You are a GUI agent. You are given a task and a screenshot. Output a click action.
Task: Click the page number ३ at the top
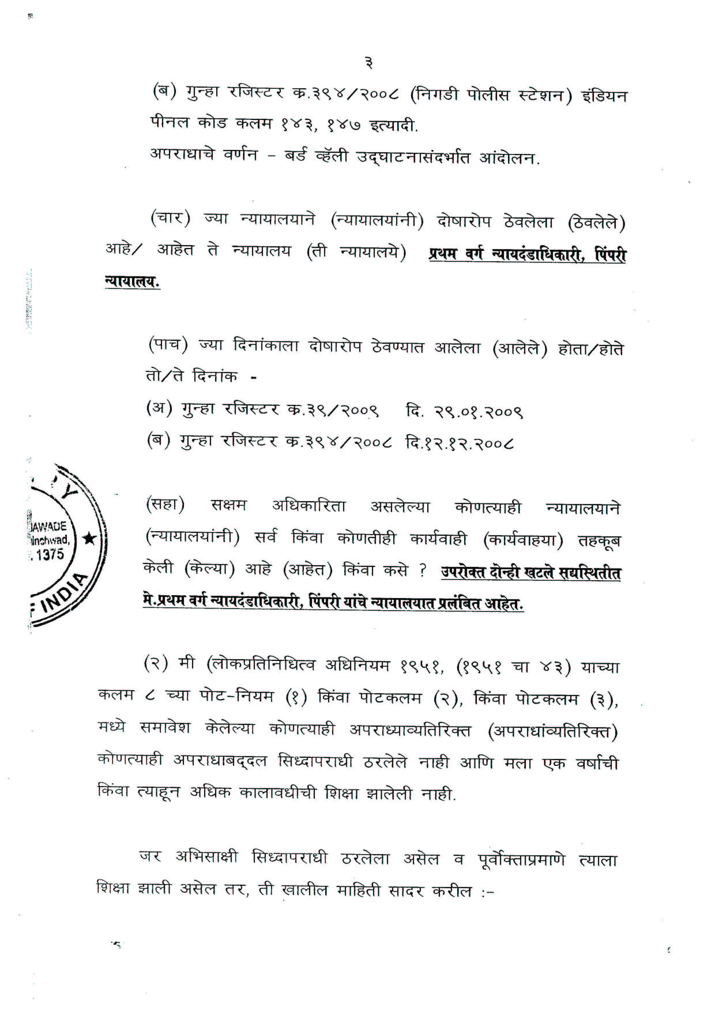(369, 64)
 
